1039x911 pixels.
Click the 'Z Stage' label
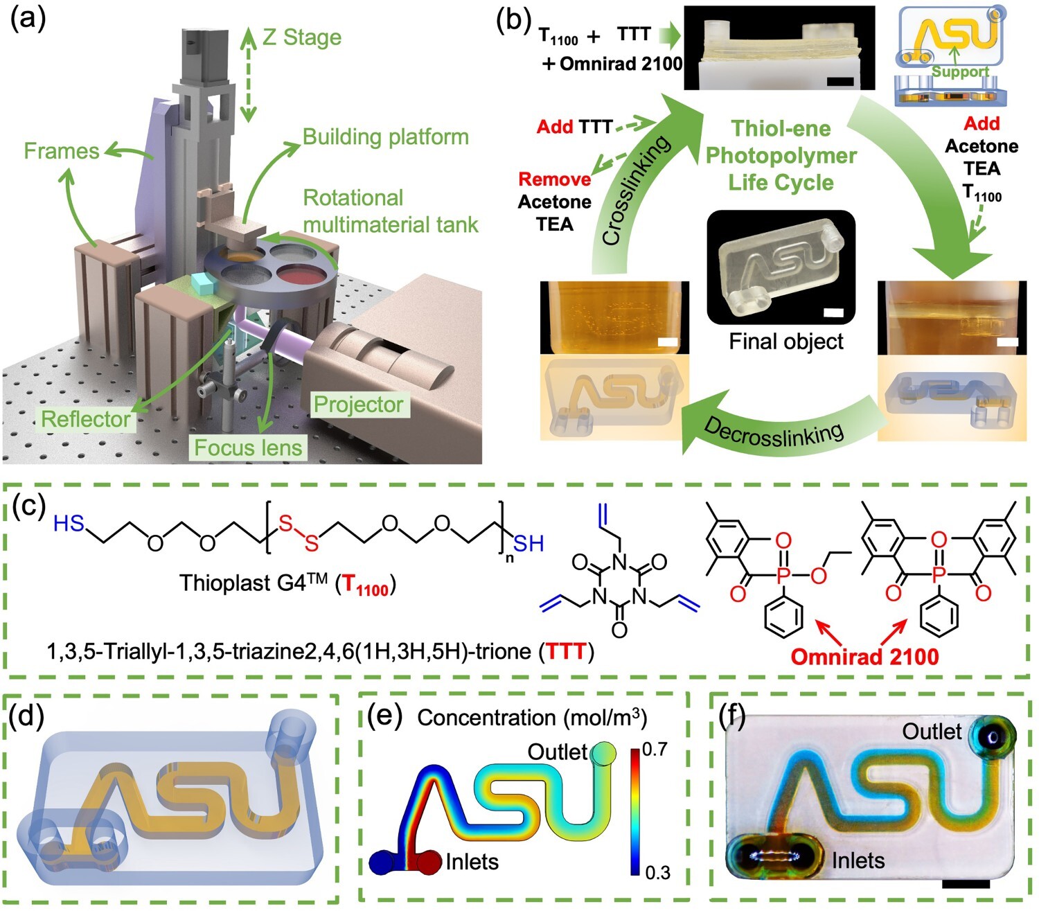click(302, 37)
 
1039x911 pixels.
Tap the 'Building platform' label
click(386, 137)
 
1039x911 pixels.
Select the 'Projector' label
click(358, 405)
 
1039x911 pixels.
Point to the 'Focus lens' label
click(248, 448)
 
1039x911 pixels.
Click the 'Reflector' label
click(86, 419)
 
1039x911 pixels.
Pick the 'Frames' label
click(62, 151)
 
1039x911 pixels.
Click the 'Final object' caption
click(786, 342)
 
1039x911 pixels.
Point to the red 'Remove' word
click(555, 179)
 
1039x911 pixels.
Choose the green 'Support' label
click(960, 72)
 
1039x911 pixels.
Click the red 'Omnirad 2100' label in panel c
click(864, 656)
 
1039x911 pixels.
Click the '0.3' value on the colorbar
click(657, 873)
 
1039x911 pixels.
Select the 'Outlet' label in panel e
click(557, 752)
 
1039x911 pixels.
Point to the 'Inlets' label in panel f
click(858, 861)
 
